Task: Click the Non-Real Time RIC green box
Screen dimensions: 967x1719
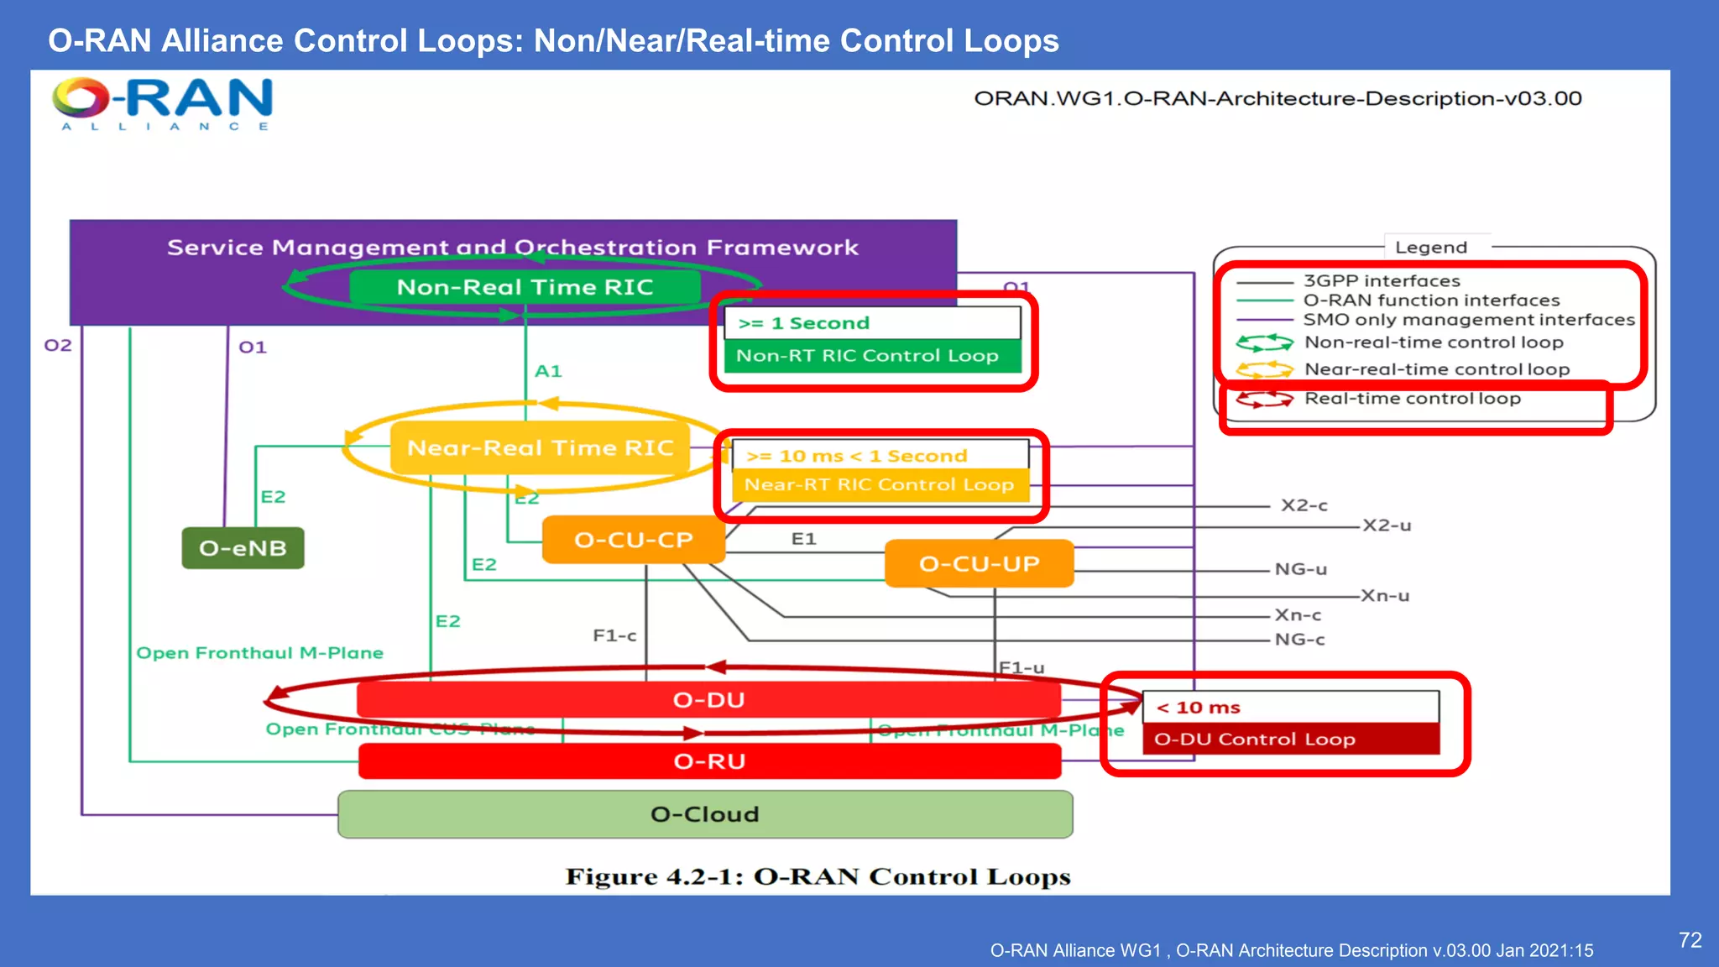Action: coord(525,287)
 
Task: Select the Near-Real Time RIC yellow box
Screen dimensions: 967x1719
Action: coord(540,447)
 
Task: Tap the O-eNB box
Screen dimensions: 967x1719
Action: coord(243,548)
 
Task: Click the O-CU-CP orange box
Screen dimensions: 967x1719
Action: coord(634,540)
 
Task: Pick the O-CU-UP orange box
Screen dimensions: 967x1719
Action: coord(979,563)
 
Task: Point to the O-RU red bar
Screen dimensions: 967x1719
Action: coord(709,761)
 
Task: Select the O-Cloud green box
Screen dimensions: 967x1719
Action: coord(705,814)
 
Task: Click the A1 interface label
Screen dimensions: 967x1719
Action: coord(548,371)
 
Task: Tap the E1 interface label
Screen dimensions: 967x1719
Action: coord(803,539)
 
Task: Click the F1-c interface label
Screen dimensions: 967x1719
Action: coord(614,635)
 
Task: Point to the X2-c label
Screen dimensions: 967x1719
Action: coord(1304,505)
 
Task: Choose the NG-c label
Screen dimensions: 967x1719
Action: coord(1299,640)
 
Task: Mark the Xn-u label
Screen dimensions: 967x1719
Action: coord(1385,596)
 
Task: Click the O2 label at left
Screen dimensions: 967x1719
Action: coord(58,345)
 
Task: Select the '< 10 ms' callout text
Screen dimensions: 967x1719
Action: coord(1199,708)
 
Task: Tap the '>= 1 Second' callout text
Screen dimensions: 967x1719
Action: coord(803,323)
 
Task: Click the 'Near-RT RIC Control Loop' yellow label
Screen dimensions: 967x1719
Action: coord(879,485)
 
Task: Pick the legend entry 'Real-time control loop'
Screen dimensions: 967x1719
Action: coord(1412,399)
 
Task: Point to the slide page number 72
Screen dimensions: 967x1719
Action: coord(1690,940)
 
